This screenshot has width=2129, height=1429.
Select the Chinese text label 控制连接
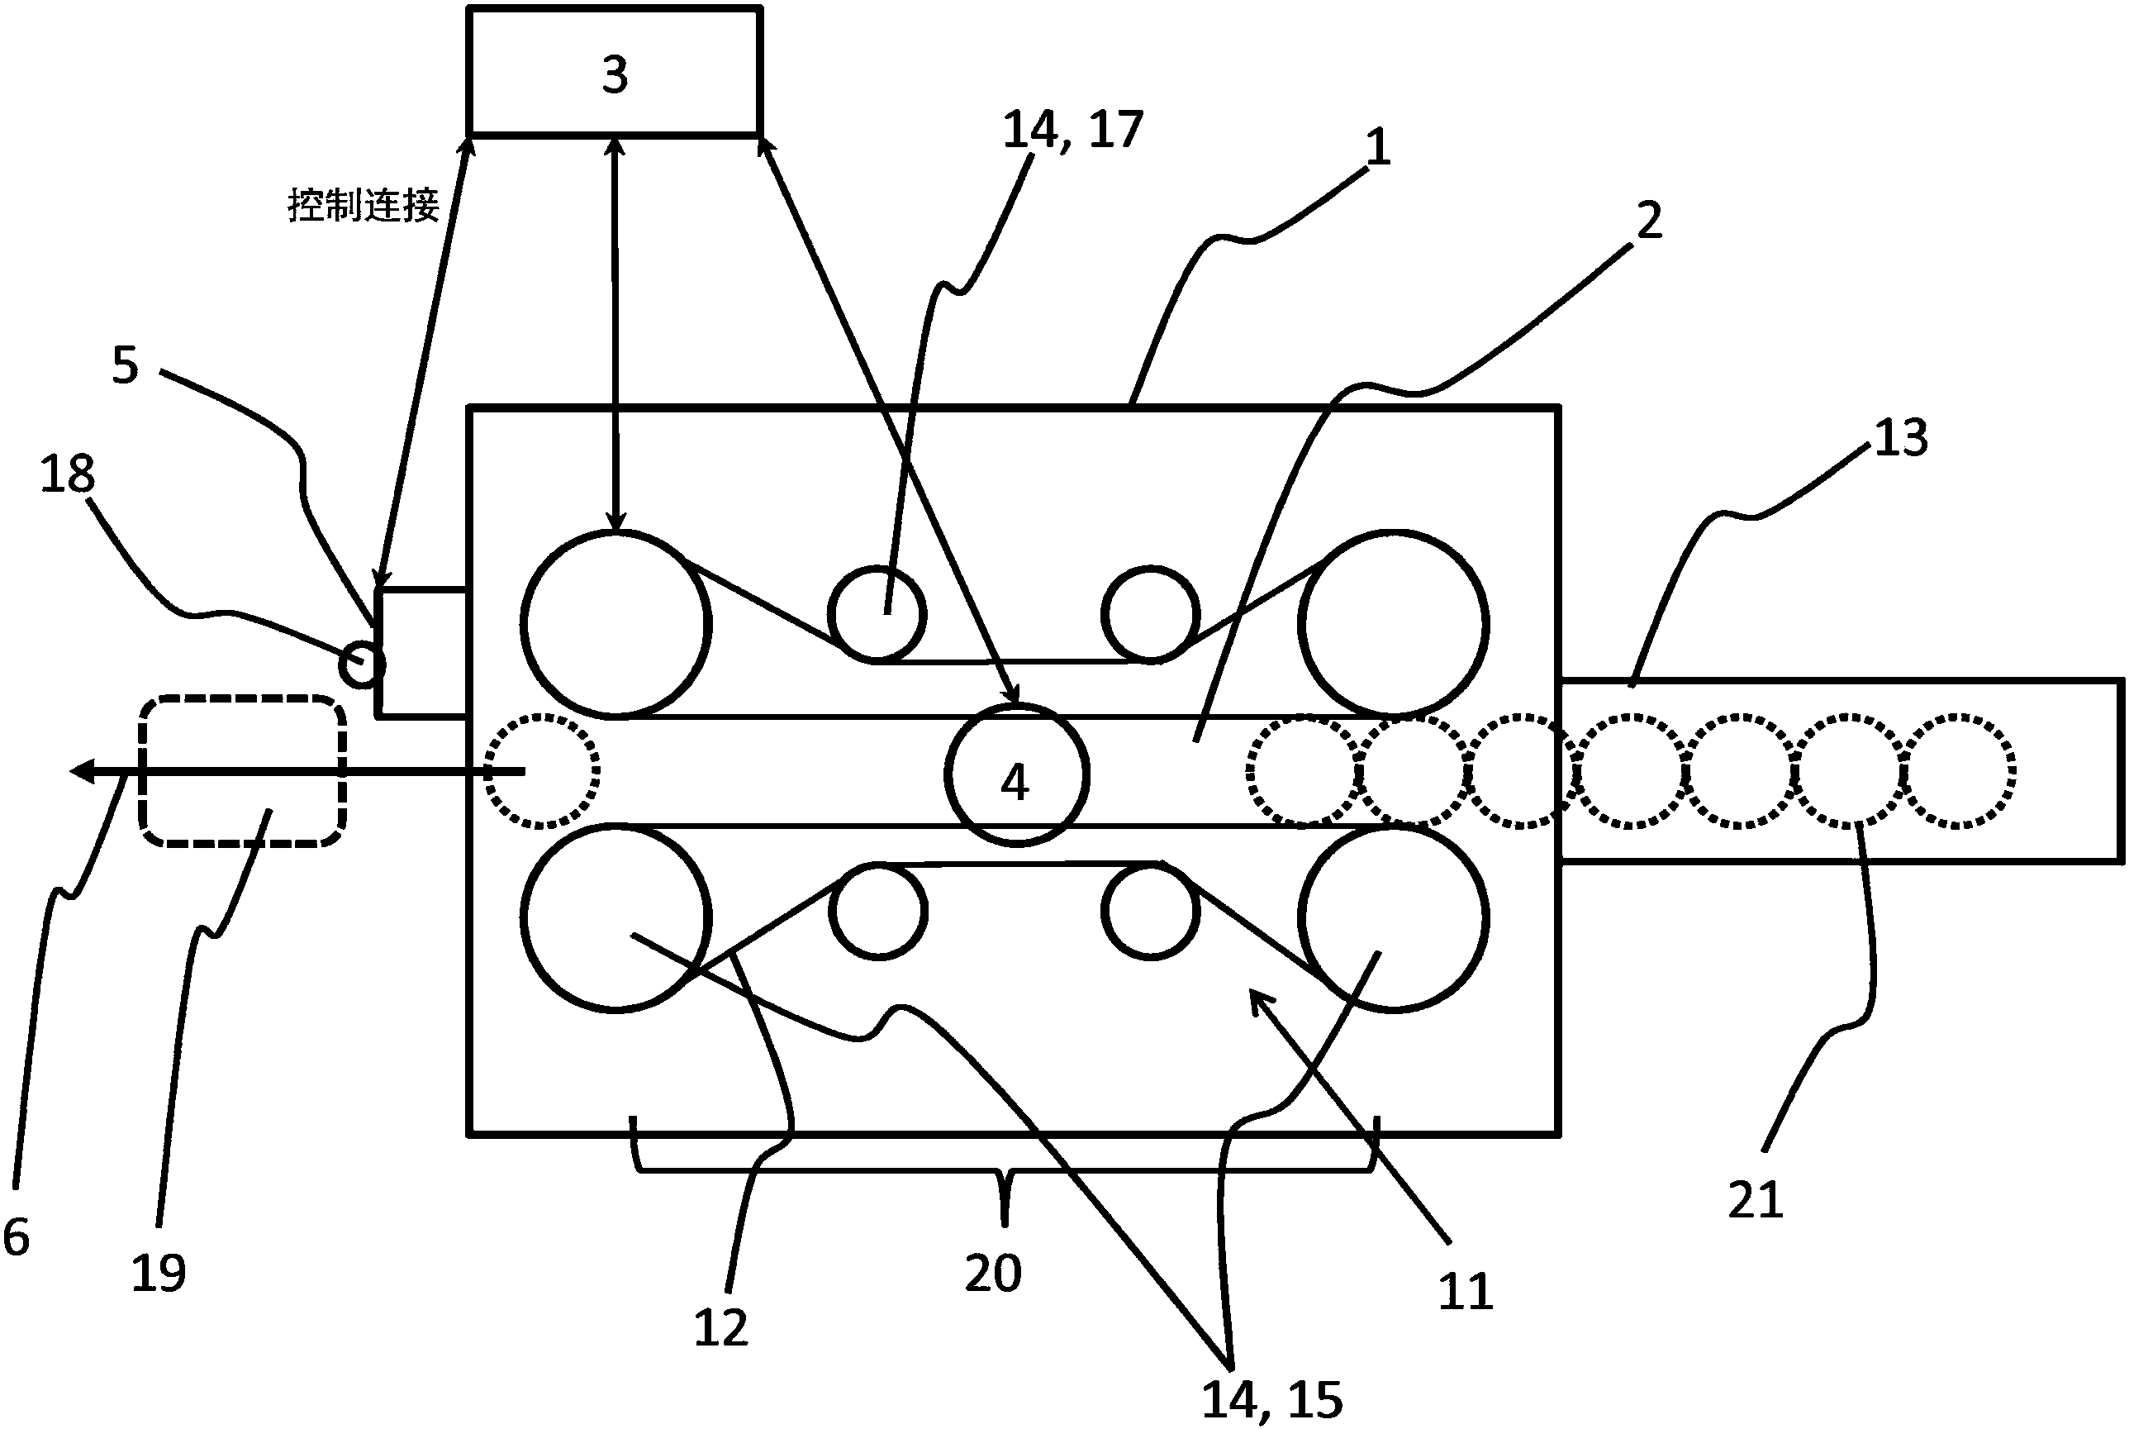coord(364,205)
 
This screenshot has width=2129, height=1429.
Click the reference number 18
coord(68,474)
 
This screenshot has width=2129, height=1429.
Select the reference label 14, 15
coord(1271,1399)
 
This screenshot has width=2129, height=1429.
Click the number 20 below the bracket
coord(993,1272)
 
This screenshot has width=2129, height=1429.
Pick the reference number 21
coord(1756,1199)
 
